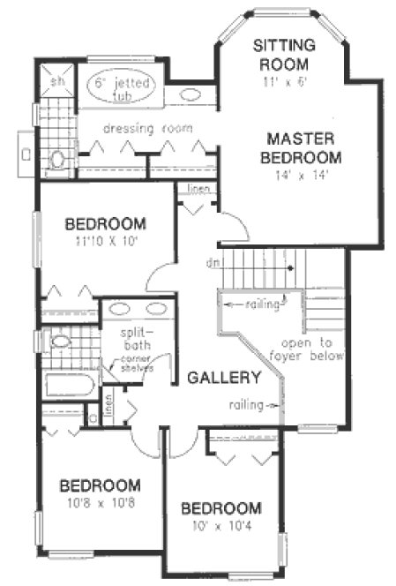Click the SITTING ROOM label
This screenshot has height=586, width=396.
tap(280, 53)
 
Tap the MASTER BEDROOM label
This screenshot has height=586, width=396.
tap(301, 147)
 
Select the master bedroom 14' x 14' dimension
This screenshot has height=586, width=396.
tap(301, 175)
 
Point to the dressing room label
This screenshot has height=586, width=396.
tap(147, 128)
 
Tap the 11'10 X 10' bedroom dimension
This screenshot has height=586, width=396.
tap(104, 239)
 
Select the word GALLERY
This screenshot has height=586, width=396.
tap(224, 378)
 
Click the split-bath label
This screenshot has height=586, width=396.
tap(138, 339)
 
